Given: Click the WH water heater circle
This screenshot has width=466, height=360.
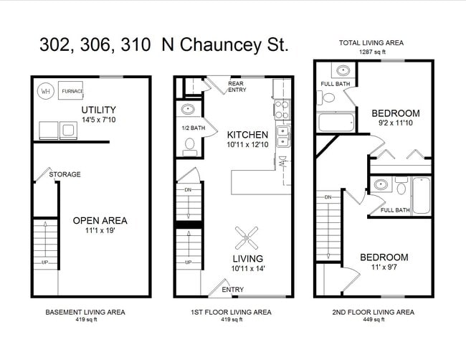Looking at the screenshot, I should pyautogui.click(x=45, y=92).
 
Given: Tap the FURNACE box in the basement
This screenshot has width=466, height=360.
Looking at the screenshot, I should pyautogui.click(x=72, y=91).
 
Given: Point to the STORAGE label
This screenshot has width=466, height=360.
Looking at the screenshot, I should pyautogui.click(x=65, y=174).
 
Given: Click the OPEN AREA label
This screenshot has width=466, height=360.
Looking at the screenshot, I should pyautogui.click(x=100, y=220).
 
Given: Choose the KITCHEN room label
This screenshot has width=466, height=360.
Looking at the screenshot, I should pyautogui.click(x=247, y=135).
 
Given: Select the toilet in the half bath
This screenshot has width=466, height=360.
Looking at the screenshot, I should pyautogui.click(x=189, y=146).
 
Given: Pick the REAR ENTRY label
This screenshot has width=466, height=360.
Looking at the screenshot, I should pyautogui.click(x=236, y=87).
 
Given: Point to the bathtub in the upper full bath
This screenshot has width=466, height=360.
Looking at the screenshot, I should pyautogui.click(x=336, y=122).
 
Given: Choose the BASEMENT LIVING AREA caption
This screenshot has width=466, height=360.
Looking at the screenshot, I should pyautogui.click(x=85, y=313).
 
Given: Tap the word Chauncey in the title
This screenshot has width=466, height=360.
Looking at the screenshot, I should pyautogui.click(x=215, y=45).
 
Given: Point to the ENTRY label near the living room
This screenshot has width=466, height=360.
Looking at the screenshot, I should pyautogui.click(x=232, y=290).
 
